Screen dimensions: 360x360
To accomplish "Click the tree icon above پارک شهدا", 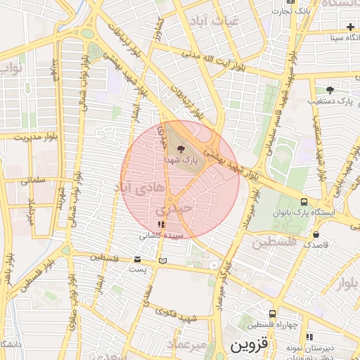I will tap(181, 148).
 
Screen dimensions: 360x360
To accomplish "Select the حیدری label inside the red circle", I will tap(172, 209).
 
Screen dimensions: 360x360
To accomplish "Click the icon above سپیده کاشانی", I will tap(162, 225).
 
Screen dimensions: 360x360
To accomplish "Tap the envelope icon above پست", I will tap(137, 259).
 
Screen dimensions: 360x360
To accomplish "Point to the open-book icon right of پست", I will tap(163, 261).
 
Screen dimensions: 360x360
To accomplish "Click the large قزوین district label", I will tap(249, 345).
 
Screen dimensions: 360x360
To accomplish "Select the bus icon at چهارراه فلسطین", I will tap(272, 314).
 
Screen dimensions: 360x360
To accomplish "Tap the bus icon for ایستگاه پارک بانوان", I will tap(304, 201).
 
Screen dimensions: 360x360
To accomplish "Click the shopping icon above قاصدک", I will tap(316, 235).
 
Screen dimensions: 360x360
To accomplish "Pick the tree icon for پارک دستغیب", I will tap(330, 90).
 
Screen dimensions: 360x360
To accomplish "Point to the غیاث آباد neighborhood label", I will tap(219, 21).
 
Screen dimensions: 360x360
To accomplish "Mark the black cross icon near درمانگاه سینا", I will tap(350, 26).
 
